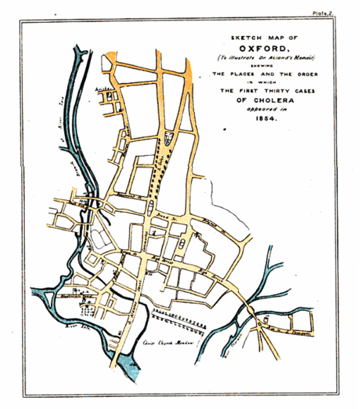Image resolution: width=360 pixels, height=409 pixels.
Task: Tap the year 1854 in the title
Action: tap(266, 119)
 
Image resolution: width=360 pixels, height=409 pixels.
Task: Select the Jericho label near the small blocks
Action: tap(103, 90)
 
